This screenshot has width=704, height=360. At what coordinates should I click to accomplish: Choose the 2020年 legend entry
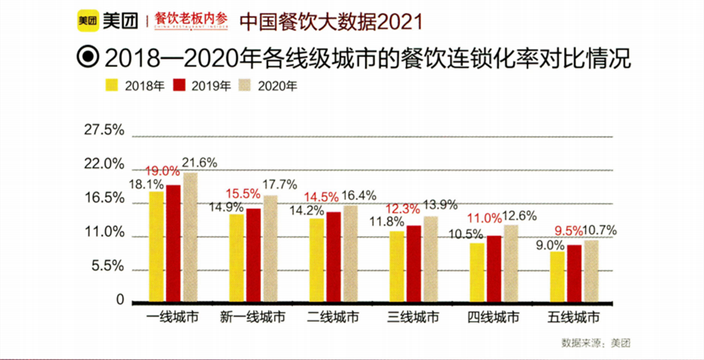(x=268, y=85)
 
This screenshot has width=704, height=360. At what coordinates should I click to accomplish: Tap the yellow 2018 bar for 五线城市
(x=557, y=276)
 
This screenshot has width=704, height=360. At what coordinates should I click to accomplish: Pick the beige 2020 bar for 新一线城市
(x=270, y=248)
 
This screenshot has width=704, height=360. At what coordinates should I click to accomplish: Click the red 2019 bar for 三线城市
(x=414, y=262)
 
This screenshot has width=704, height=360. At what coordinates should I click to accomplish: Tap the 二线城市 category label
(x=333, y=317)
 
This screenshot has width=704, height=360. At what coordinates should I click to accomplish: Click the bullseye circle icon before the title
(x=89, y=58)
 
